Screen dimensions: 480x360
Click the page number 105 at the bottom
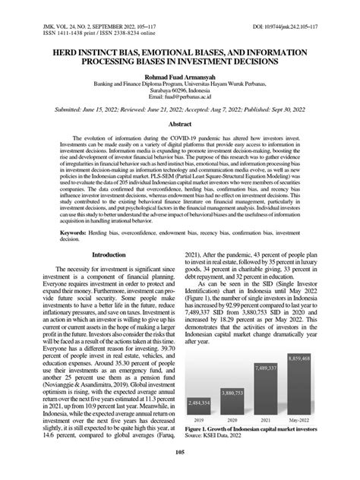pos(180,453)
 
